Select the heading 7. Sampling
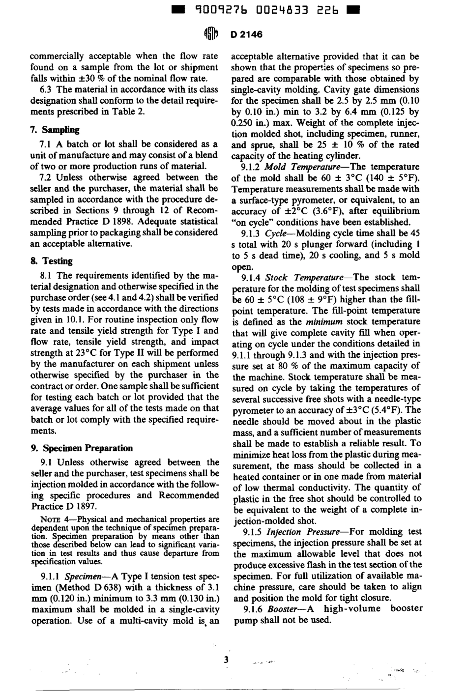[54, 130]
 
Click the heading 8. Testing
[51, 261]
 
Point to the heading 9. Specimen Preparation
[82, 448]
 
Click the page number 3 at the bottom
[227, 660]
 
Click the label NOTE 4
[51, 519]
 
